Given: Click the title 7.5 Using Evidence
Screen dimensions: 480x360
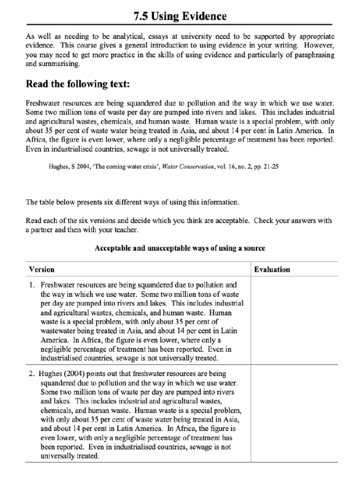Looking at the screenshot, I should click(180, 16).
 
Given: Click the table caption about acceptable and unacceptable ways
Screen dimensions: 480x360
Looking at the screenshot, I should click(180, 247).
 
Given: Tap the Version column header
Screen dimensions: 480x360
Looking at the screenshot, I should click(42, 270).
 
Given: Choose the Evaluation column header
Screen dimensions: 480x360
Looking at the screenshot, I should click(272, 270).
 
